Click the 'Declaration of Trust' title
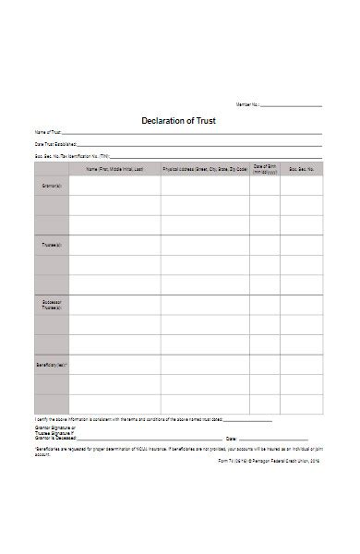point(179,120)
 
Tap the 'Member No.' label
point(248,106)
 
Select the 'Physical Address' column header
point(204,169)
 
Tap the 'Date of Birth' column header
point(265,169)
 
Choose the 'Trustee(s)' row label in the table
point(53,245)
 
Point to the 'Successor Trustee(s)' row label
point(53,306)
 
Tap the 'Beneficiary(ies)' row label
point(53,366)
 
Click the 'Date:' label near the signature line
point(232,439)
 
